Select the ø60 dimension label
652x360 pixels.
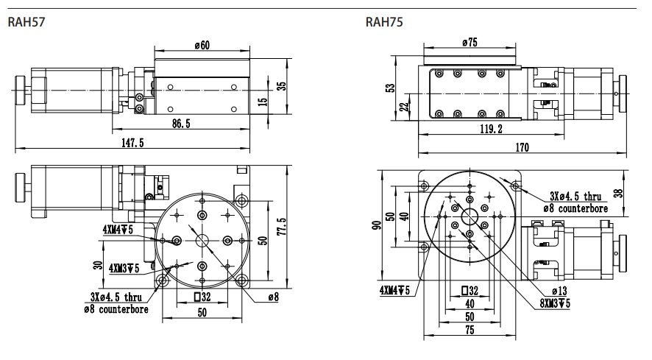pos(202,46)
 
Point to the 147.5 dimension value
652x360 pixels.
pos(132,142)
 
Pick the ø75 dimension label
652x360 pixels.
pos(469,43)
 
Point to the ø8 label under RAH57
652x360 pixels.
pos(273,297)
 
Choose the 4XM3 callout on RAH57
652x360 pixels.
pos(121,268)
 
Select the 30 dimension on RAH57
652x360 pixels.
pos(97,264)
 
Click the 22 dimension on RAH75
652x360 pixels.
pos(403,107)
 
